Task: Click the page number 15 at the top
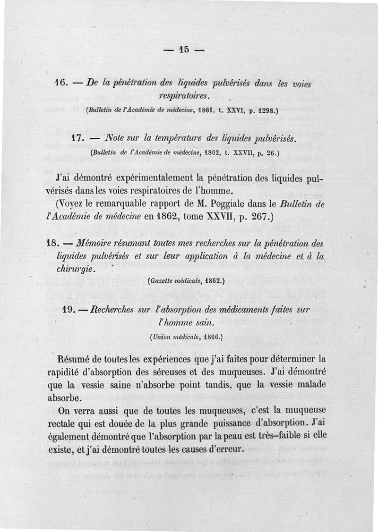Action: tap(184, 49)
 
